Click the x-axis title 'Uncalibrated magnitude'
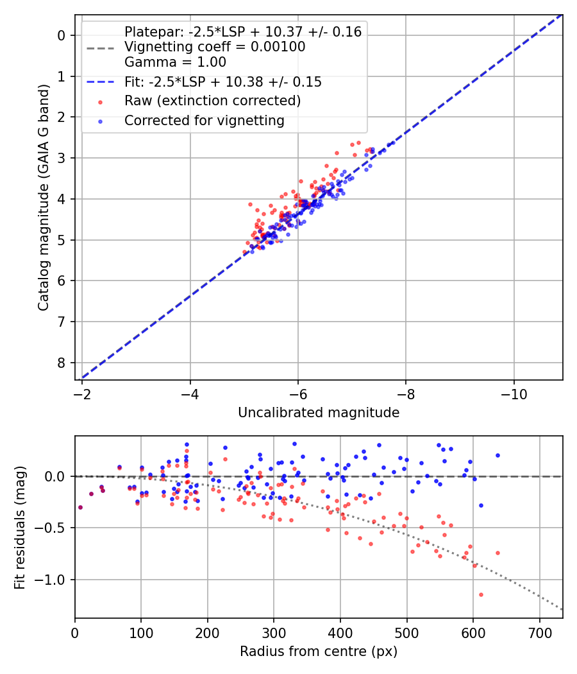coord(319,413)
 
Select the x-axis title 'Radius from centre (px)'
coord(319,652)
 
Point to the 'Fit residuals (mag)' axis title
coord(20,527)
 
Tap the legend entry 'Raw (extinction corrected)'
coord(212,101)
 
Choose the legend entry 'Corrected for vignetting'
coord(205,121)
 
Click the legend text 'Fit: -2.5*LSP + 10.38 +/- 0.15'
coord(223,82)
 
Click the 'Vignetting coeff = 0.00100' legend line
coord(215,47)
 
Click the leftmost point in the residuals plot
coord(80,507)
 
